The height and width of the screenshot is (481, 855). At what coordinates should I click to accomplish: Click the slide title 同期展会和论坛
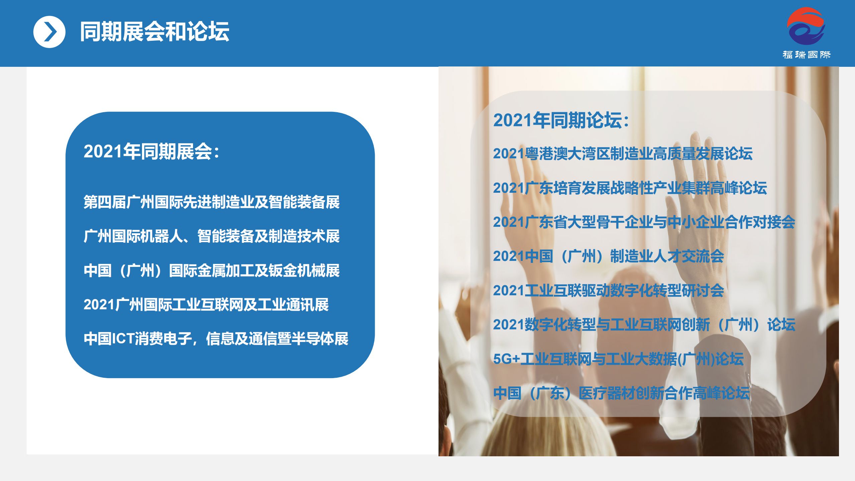154,32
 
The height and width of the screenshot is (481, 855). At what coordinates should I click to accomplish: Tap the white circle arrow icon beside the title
49,32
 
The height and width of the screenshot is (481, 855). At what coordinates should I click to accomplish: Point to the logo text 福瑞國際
807,55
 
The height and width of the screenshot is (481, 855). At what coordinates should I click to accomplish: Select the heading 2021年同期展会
151,152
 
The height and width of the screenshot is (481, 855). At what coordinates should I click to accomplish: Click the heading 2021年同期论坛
561,120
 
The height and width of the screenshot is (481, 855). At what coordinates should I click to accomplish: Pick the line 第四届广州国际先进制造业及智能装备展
212,202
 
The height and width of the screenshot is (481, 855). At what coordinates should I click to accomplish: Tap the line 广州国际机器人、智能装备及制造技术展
212,236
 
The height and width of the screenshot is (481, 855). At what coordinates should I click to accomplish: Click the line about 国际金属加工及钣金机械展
212,271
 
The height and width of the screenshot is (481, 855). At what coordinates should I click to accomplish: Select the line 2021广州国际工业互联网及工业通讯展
206,305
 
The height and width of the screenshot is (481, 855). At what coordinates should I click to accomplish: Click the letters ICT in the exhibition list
123,339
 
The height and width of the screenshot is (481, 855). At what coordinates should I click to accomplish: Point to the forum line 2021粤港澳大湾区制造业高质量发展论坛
623,154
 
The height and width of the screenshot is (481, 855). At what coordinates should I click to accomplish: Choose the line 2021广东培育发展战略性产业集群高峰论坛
630,188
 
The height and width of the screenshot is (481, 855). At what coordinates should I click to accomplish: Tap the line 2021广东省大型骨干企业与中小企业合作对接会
644,222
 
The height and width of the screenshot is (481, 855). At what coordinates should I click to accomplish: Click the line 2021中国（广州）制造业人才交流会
609,256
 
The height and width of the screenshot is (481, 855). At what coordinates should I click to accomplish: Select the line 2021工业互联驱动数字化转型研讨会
609,291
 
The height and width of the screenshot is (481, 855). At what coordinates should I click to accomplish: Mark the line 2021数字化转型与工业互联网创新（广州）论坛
644,325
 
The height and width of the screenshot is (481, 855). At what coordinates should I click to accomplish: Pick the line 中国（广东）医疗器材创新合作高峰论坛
622,393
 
